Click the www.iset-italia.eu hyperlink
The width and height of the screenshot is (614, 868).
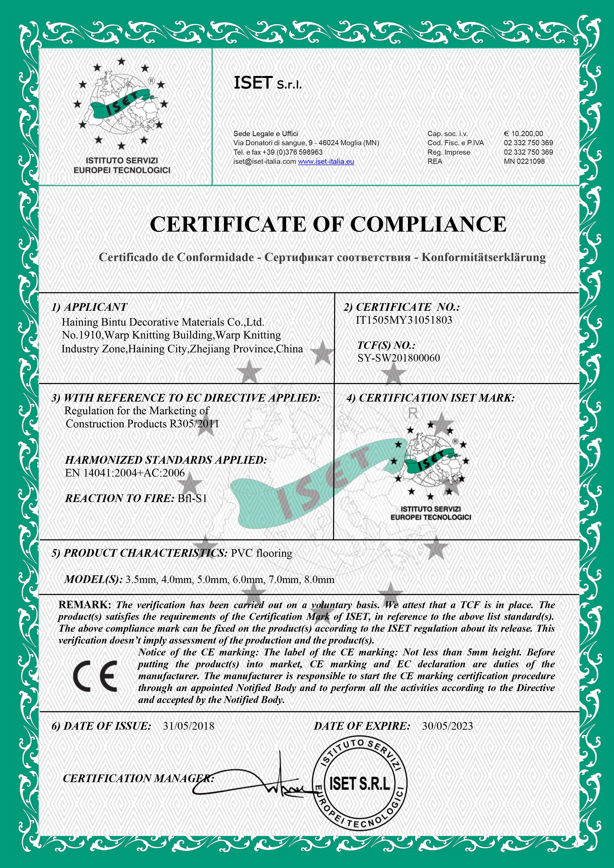pyautogui.click(x=326, y=162)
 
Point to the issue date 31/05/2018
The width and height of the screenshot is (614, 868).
pyautogui.click(x=188, y=726)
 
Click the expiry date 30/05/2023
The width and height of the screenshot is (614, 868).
pyautogui.click(x=447, y=726)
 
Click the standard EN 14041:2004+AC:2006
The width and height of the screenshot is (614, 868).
pyautogui.click(x=125, y=473)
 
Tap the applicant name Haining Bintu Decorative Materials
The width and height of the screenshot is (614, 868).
pyautogui.click(x=162, y=322)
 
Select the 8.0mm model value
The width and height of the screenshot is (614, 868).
pyautogui.click(x=321, y=579)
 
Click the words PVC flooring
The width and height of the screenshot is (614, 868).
pyautogui.click(x=262, y=553)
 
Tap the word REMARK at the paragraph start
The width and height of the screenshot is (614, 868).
pyautogui.click(x=84, y=605)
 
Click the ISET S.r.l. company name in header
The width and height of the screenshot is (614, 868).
pyautogui.click(x=268, y=83)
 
